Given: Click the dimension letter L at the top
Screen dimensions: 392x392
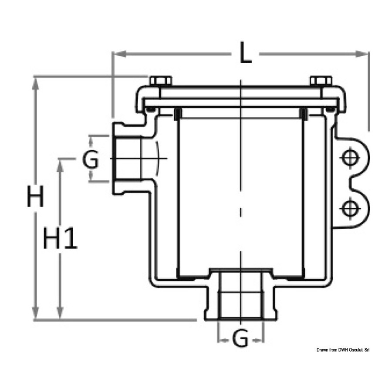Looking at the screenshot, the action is point(245,53).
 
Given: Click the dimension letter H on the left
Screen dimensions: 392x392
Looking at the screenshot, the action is point(36,196).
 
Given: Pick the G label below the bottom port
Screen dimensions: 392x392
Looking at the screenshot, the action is point(240,339).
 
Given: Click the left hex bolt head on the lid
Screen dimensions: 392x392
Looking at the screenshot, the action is point(161,81).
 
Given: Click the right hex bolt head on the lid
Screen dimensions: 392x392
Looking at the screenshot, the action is point(321,81).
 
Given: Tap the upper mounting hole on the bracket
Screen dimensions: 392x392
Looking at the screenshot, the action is point(350,158).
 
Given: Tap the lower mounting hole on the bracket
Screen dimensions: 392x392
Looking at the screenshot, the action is point(350,208).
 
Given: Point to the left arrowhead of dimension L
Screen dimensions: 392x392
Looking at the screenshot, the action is point(119,54).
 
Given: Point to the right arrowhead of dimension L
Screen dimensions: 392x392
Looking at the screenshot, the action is point(362,54).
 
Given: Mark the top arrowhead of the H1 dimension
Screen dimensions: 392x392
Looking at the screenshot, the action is point(60,165).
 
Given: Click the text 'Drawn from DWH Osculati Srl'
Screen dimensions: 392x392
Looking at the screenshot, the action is point(343,350).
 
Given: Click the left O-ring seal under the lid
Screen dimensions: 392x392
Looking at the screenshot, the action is point(150,109).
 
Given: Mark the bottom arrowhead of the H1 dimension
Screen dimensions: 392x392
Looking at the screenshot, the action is point(60,313).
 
